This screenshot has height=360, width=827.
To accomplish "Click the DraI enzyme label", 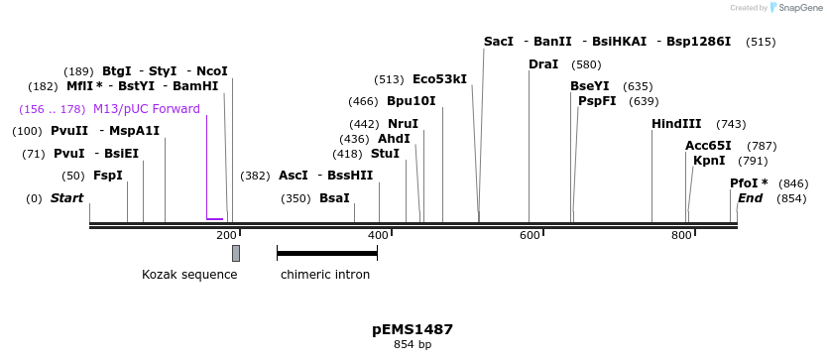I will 543,64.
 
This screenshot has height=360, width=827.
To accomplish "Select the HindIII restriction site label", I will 676,124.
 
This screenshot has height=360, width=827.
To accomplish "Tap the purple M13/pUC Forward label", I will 147,109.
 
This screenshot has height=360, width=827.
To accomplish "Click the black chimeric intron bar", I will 327,253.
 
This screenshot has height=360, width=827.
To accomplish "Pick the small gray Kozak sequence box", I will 236,253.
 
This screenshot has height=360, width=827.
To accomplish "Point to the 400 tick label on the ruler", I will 378,235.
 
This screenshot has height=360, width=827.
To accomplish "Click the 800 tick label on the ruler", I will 681,235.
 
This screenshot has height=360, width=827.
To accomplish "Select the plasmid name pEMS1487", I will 413,329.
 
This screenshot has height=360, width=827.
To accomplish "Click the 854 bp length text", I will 413,345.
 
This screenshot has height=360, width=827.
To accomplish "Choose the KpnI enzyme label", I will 709,161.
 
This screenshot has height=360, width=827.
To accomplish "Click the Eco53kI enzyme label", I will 439,79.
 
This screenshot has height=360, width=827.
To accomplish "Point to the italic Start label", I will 66,198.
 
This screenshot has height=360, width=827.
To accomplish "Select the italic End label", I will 751,198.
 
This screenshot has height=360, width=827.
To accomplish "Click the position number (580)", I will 587,65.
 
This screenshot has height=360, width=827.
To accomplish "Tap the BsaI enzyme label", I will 334,198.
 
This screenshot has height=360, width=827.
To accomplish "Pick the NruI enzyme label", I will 403,124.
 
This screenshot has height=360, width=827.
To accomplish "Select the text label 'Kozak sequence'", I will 189,275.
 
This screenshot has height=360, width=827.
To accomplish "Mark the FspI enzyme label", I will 108,176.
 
